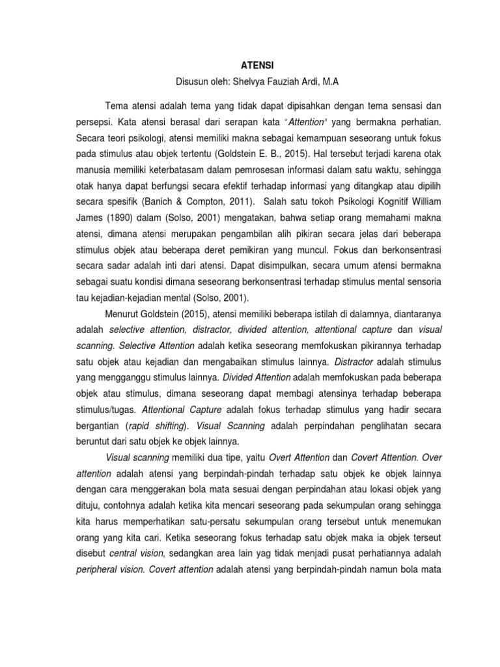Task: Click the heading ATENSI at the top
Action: (250, 64)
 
